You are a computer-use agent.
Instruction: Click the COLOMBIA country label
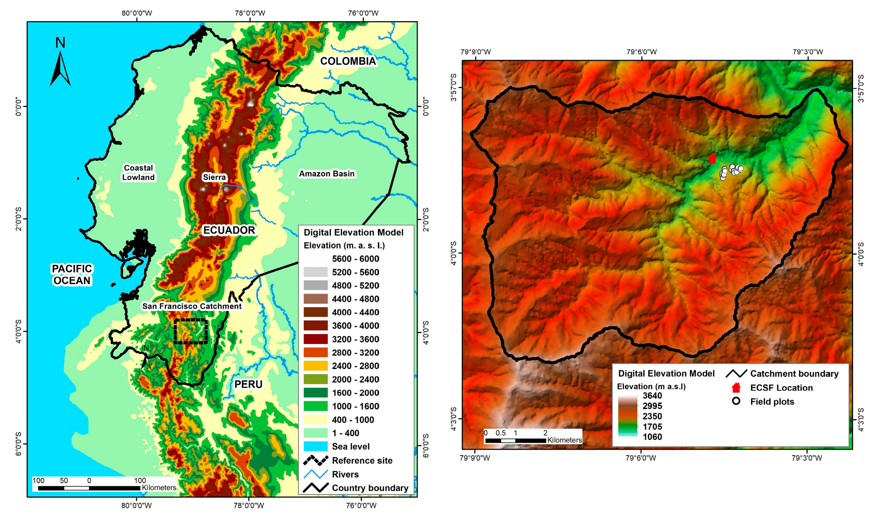click(348, 61)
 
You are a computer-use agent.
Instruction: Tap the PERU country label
click(248, 384)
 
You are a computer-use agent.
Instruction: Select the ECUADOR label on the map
click(229, 230)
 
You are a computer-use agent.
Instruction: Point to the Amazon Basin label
click(327, 173)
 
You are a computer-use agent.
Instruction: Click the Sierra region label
click(214, 177)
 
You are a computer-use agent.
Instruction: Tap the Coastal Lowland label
click(138, 173)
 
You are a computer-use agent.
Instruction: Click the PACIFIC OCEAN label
click(72, 274)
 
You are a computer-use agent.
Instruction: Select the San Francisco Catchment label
click(192, 306)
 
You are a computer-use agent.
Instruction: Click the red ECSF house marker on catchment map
click(712, 159)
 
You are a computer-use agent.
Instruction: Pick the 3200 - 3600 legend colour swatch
click(315, 339)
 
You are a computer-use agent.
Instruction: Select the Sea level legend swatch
click(315, 446)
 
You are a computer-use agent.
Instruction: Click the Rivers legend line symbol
click(315, 474)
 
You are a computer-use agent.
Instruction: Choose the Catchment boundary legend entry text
click(794, 374)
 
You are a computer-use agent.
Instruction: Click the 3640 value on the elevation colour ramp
click(652, 396)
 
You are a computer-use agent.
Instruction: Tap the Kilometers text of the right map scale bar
click(564, 440)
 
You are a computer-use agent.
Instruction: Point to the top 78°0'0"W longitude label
click(250, 13)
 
